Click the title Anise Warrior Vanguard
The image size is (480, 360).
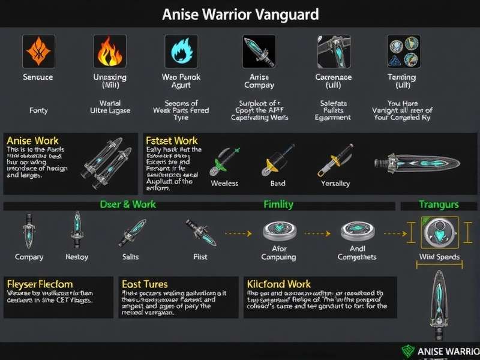click(240, 14)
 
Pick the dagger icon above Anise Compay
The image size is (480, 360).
click(259, 52)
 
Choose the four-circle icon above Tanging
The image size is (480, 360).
click(403, 50)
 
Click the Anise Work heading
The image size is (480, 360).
click(32, 141)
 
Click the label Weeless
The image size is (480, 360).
click(224, 183)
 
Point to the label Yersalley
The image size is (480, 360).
click(335, 183)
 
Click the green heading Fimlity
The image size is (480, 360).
click(278, 205)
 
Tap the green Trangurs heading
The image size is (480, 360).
click(439, 205)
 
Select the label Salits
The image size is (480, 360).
click(130, 257)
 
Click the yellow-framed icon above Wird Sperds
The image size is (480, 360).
click(440, 232)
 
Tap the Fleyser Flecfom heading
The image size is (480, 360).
click(40, 283)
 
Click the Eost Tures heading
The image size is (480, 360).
click(145, 283)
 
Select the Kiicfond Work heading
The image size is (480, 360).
click(278, 283)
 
